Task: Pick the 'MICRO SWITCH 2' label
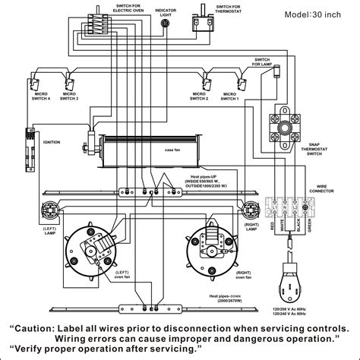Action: click(199, 99)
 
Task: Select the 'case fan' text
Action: click(172, 150)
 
